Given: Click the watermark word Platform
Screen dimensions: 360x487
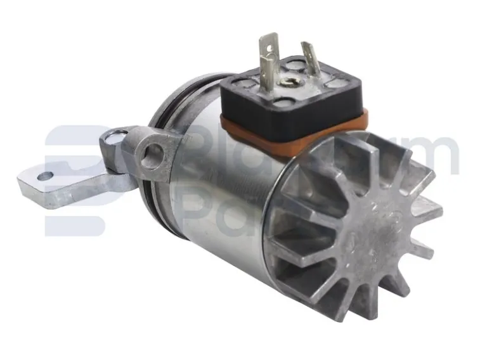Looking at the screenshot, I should pyautogui.click(x=323, y=152).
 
